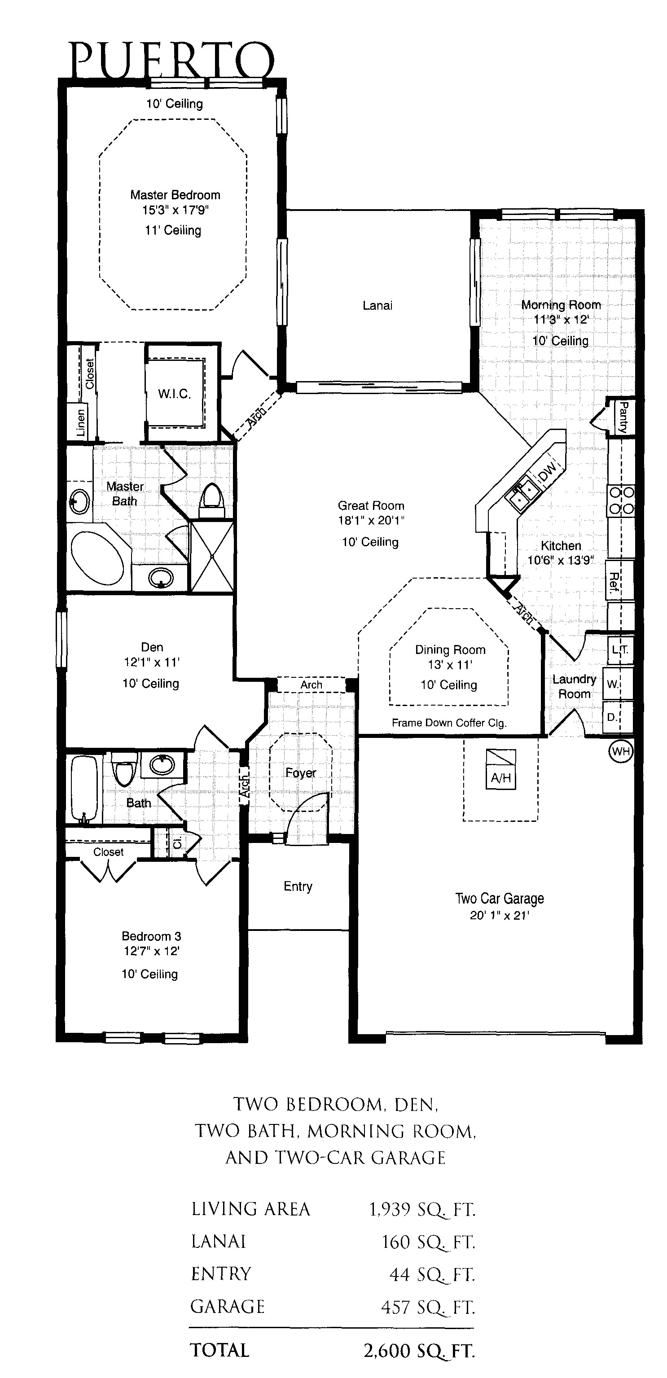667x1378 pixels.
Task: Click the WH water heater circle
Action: [620, 751]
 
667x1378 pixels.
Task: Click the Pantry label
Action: [623, 417]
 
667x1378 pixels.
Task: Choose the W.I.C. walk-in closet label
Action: [174, 394]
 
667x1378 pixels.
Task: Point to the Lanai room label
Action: [377, 306]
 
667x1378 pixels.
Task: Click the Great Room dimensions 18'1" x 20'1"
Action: [371, 520]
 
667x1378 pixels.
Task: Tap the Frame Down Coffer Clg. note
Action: [449, 723]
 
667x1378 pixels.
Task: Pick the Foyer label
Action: [301, 773]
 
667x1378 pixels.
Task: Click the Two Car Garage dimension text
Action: [500, 915]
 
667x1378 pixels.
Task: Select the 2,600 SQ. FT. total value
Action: [419, 1351]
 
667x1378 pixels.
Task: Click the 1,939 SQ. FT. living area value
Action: [422, 1210]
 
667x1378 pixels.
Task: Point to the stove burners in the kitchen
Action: [620, 500]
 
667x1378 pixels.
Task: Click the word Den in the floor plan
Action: [152, 647]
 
